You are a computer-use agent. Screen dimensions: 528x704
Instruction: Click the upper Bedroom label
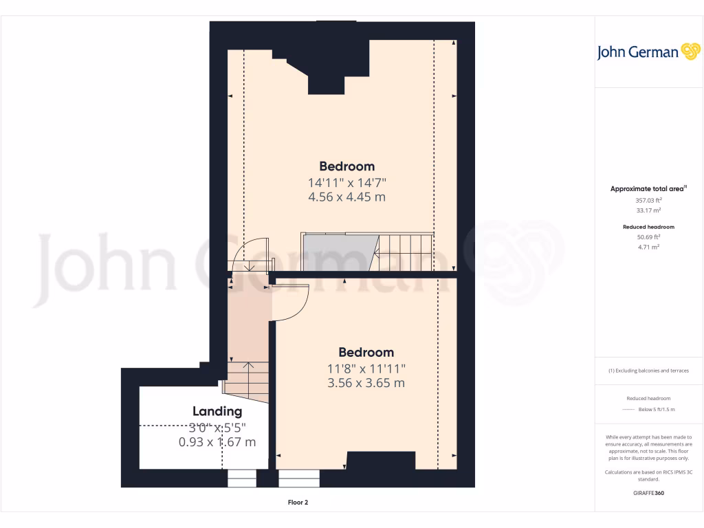click(346, 166)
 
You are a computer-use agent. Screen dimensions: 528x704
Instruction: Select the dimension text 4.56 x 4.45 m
click(346, 197)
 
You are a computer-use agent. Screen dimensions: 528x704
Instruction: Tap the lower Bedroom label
click(366, 352)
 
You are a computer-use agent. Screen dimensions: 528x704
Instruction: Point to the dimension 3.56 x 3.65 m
click(366, 383)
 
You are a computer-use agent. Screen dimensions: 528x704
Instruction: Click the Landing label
click(217, 411)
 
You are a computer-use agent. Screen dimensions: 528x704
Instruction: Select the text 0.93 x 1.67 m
click(217, 442)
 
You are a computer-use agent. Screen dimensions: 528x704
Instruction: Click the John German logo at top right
click(648, 52)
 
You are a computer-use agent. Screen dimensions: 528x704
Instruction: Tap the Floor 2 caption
click(298, 503)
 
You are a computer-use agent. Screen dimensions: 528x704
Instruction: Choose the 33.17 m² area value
click(648, 211)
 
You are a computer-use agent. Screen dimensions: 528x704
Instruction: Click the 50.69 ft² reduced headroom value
click(648, 237)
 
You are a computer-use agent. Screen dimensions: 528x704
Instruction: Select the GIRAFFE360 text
click(648, 493)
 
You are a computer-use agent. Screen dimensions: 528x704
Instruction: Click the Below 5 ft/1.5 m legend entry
click(657, 409)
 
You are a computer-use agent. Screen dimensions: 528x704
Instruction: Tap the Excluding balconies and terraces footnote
click(648, 371)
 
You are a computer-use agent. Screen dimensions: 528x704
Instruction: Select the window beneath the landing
click(241, 478)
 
